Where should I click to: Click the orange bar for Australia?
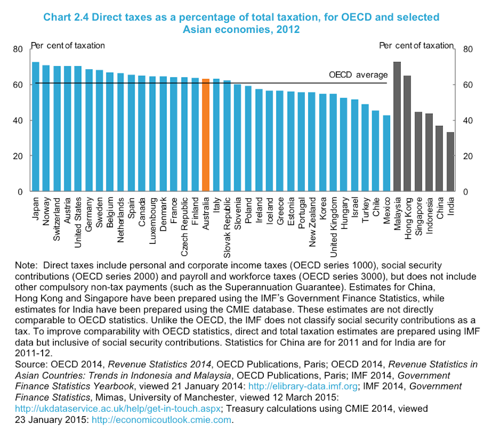(205, 135)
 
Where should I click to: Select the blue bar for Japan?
(35, 127)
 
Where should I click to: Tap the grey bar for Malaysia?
(397, 127)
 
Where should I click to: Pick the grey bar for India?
(450, 162)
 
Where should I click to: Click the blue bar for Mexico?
(387, 153)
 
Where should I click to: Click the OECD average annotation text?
(358, 75)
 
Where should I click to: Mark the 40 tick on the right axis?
(467, 120)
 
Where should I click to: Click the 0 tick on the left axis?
(20, 192)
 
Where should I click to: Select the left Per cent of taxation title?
(68, 45)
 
